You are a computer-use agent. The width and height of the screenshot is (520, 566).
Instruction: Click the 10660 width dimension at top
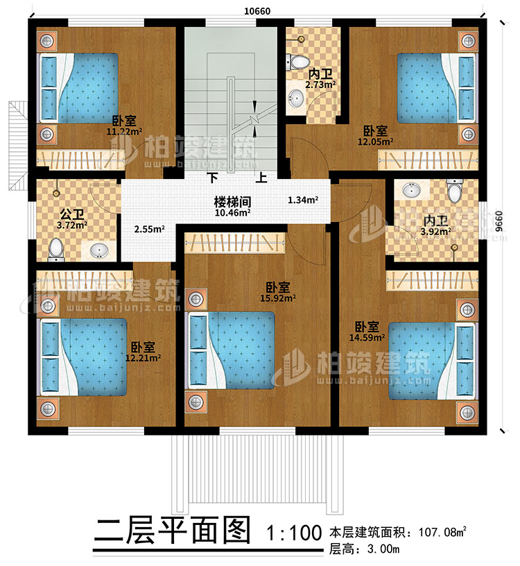coord(257,10)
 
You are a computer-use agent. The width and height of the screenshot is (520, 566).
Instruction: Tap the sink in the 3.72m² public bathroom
coord(97,249)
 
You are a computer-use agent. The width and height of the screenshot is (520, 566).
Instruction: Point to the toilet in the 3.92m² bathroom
coord(455,191)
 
